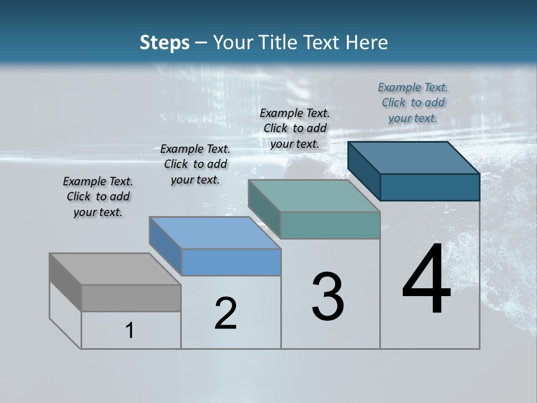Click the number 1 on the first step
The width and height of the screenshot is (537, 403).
[130, 330]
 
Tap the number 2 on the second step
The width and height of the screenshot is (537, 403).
[226, 313]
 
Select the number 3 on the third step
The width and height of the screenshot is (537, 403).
[328, 297]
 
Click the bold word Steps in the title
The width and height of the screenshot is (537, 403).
[164, 43]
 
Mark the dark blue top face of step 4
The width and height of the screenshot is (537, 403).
[414, 158]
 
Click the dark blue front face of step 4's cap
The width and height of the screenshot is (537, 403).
[430, 187]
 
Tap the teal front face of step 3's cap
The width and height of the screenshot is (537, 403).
[330, 225]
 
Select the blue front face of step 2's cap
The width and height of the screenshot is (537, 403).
[231, 262]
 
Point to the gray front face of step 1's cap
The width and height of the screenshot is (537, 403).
[131, 298]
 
